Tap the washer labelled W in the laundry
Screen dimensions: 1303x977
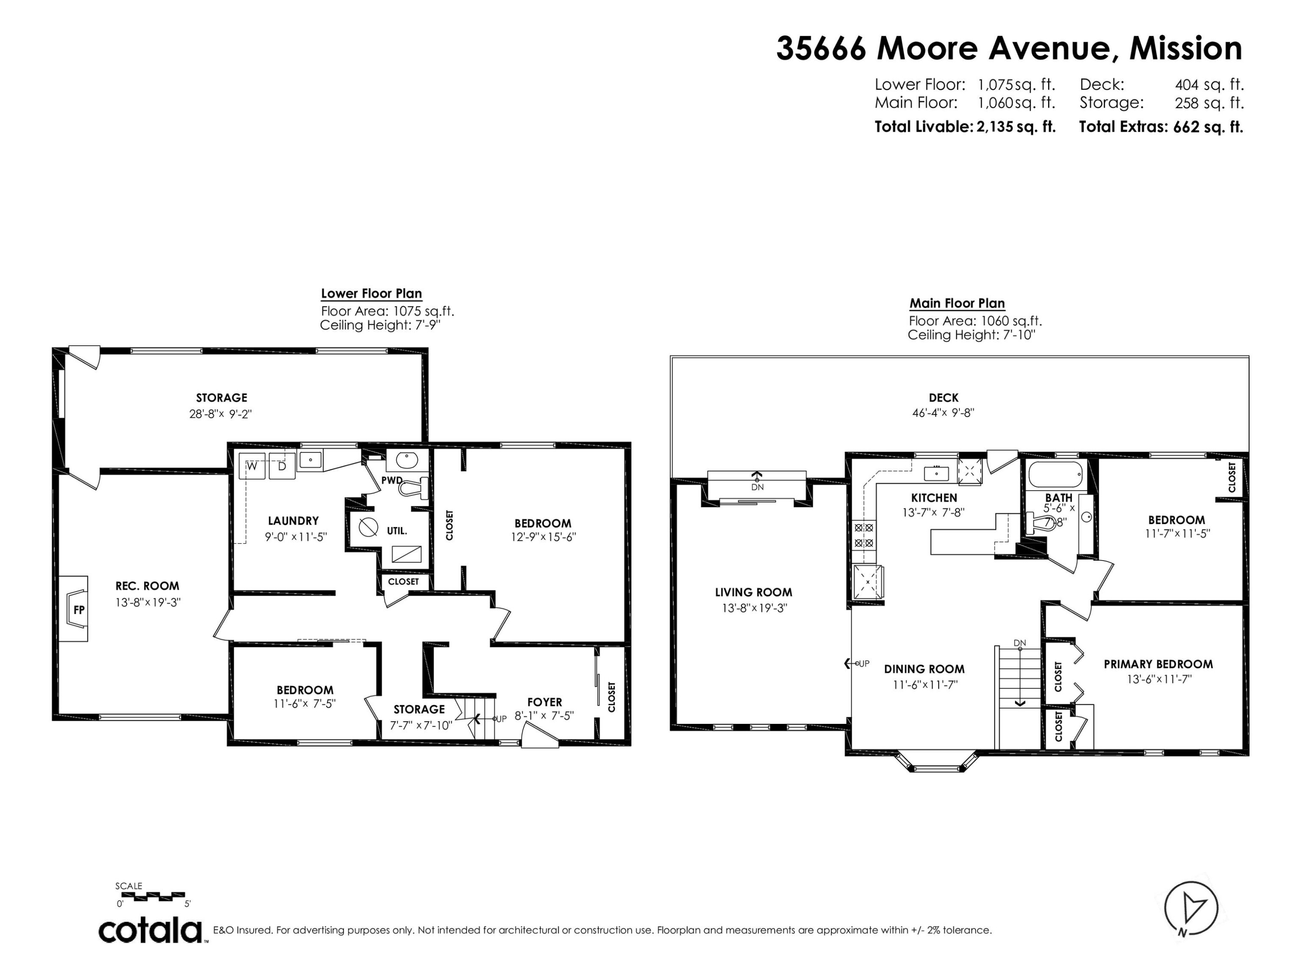pyautogui.click(x=252, y=466)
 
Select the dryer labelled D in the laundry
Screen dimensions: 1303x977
pyautogui.click(x=281, y=466)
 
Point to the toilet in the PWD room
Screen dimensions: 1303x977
pyautogui.click(x=417, y=488)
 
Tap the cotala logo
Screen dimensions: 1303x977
pyautogui.click(x=150, y=931)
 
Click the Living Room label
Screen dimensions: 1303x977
pyautogui.click(x=754, y=592)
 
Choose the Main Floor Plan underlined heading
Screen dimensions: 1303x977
pyautogui.click(x=957, y=303)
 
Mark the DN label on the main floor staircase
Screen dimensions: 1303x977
pyautogui.click(x=1020, y=643)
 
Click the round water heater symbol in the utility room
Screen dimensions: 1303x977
pyautogui.click(x=368, y=526)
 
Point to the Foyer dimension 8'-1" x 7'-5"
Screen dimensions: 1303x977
pyautogui.click(x=544, y=716)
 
